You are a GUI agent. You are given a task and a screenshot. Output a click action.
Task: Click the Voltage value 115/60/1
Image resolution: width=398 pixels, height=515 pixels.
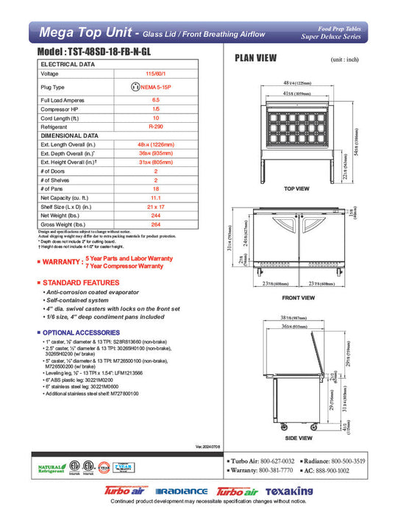click(156, 74)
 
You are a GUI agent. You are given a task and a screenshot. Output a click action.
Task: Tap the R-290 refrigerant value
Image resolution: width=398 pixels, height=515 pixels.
click(156, 127)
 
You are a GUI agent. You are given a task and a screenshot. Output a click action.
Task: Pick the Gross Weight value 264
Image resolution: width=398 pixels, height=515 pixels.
click(156, 224)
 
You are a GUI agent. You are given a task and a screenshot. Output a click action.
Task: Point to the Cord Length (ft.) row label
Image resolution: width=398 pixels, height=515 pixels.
click(61, 118)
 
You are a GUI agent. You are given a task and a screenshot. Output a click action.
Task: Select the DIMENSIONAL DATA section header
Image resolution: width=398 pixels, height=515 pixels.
click(69, 135)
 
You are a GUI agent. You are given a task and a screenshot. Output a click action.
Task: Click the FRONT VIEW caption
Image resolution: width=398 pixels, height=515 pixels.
click(298, 298)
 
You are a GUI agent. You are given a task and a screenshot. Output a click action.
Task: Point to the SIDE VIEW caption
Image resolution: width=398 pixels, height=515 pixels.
click(298, 438)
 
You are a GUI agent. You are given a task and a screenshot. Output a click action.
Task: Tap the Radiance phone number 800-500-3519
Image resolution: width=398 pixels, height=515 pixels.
click(357, 460)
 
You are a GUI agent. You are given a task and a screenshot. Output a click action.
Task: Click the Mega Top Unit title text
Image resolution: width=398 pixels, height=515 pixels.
click(89, 32)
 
